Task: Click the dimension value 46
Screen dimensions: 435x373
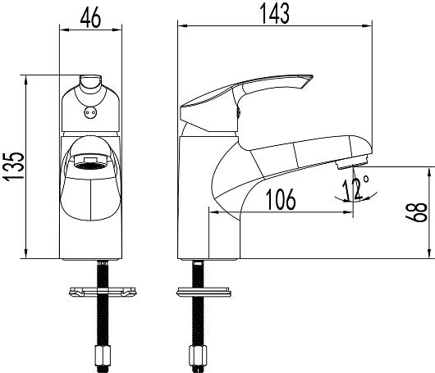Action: [x=91, y=19]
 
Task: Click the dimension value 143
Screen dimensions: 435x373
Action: [x=275, y=14]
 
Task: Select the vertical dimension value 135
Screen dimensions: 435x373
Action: [x=14, y=166]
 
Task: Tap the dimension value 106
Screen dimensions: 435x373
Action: [x=281, y=199]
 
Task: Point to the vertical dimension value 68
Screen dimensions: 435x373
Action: [x=416, y=213]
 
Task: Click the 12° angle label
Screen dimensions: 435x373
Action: [x=355, y=189]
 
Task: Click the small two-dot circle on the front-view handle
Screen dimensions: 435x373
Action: [x=90, y=112]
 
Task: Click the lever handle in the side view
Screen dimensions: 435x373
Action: [x=244, y=100]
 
